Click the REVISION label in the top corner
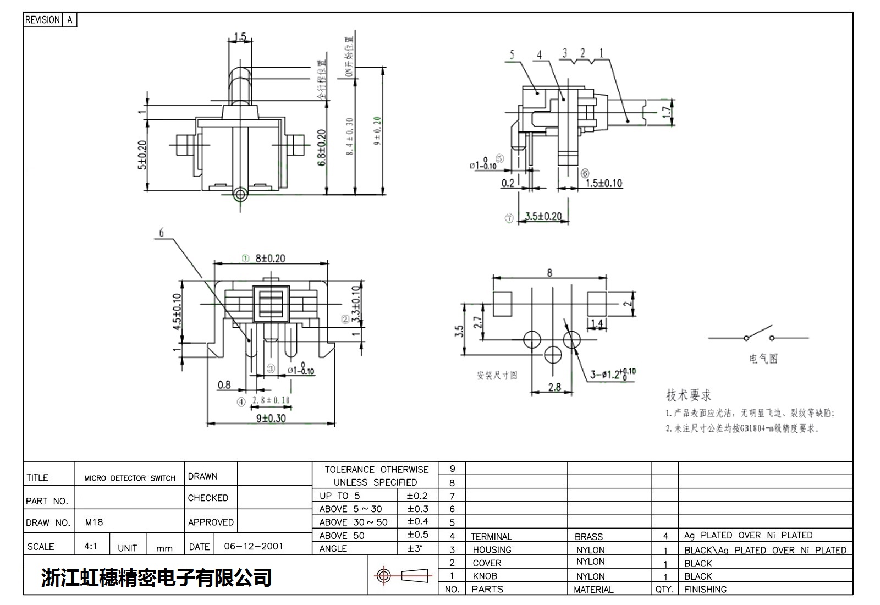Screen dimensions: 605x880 (42, 20)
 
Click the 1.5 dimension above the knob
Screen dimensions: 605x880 (240, 37)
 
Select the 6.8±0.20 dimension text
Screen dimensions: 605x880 (322, 147)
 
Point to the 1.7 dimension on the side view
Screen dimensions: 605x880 (667, 112)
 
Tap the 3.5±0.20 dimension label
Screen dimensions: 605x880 (543, 216)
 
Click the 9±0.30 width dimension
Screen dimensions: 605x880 (271, 418)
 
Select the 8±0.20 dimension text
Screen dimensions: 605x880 (270, 258)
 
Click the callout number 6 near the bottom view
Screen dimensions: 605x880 (161, 233)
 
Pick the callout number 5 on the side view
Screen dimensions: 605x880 (512, 54)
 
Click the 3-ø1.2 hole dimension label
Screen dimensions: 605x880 (613, 375)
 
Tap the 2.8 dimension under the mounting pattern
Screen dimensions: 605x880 (554, 387)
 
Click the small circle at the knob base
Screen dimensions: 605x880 (240, 194)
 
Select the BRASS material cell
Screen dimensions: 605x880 (588, 536)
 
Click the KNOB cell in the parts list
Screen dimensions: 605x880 (485, 576)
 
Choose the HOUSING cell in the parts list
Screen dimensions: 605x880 (492, 549)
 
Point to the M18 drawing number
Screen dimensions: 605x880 (94, 522)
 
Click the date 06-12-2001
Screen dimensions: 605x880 (254, 546)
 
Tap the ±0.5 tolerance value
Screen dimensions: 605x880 (417, 535)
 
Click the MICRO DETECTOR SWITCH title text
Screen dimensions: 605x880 (130, 479)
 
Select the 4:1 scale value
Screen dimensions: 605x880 (91, 546)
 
